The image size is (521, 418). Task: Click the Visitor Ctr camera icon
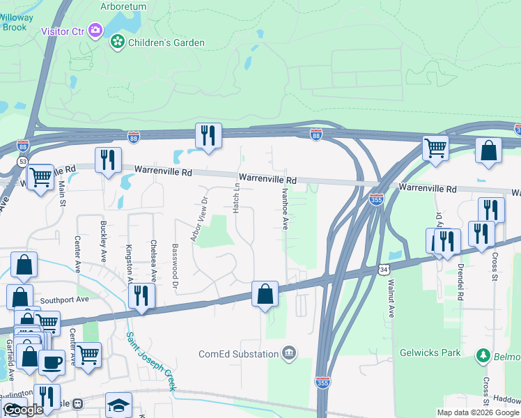[x=96, y=31]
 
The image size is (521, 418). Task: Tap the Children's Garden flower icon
[x=118, y=42]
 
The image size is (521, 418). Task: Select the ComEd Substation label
[x=238, y=354]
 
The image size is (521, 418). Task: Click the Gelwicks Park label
[x=430, y=353]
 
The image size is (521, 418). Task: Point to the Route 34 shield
[x=384, y=269]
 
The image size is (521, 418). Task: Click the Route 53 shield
[x=22, y=162]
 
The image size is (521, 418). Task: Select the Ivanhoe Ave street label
[x=285, y=207]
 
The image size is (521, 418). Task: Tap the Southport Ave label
[x=65, y=300]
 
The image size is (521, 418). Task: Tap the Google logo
[x=22, y=410]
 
